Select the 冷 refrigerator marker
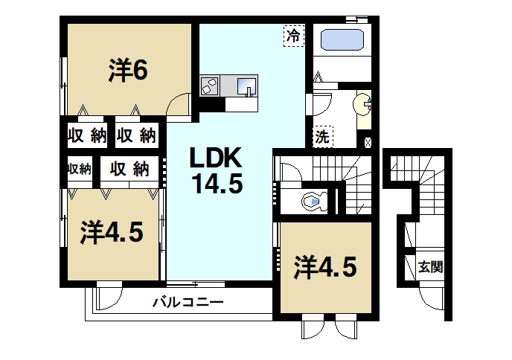coord(294,34)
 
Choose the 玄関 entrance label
coord(430,266)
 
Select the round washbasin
coord(364,104)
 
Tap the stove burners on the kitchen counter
coord(209,86)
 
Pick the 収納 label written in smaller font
coord(78,168)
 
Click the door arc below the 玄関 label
coord(432,298)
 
